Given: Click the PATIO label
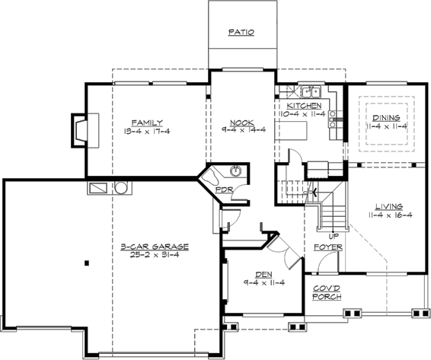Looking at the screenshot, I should [241, 33].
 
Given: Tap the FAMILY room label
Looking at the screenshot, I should [147, 122].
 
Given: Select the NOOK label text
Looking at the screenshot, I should [241, 122].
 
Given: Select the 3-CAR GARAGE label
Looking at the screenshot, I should [155, 247].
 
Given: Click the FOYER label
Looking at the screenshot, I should [327, 247].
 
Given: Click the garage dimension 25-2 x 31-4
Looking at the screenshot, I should [155, 255].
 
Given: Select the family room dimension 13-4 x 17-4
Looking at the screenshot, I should [147, 130].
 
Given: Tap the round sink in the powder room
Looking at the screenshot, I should [237, 171].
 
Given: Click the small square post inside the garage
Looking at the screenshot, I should [87, 263].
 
